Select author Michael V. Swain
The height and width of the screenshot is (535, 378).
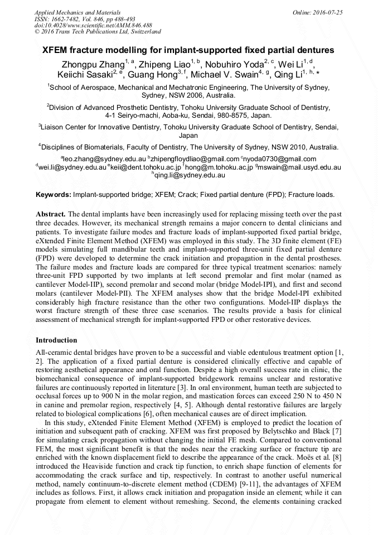pos(222,75)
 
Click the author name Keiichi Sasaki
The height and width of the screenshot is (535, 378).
pos(84,75)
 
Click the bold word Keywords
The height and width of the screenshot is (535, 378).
pos(53,195)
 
